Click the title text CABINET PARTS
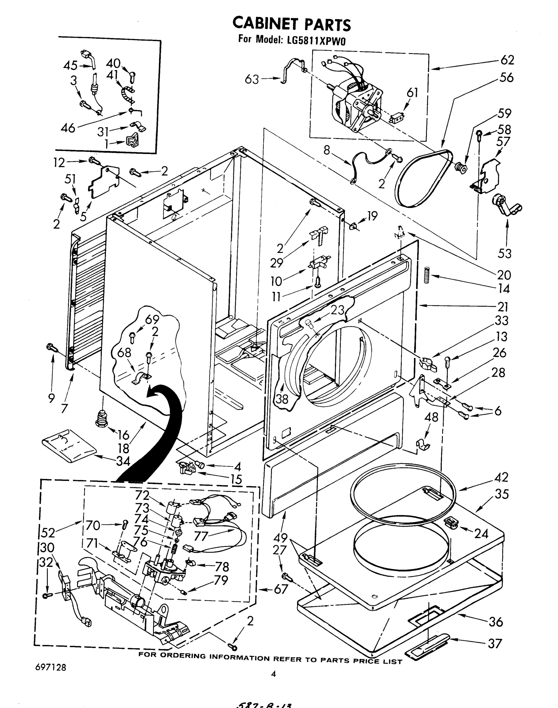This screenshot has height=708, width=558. (x=291, y=24)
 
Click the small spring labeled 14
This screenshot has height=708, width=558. (x=427, y=275)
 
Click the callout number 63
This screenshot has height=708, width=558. (x=252, y=79)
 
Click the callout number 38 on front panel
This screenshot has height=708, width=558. (x=282, y=399)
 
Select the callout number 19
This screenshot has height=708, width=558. (x=372, y=216)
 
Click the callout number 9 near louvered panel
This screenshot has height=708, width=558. (x=51, y=398)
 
